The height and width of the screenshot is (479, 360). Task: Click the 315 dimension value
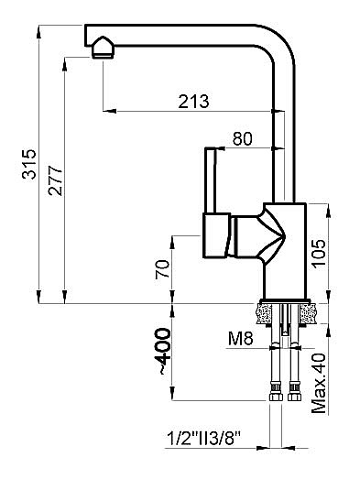point(28,163)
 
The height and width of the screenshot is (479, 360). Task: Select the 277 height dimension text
point(54,176)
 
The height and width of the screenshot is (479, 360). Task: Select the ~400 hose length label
point(163,352)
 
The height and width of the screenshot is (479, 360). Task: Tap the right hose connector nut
point(294,397)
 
